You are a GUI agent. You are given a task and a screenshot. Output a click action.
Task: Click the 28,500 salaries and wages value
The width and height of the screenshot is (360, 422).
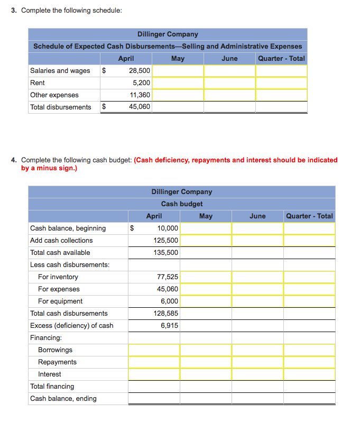139,70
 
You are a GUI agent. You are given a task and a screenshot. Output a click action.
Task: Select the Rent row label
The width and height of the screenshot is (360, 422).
38,82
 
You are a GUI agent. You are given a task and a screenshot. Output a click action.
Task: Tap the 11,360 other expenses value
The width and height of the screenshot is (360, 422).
140,95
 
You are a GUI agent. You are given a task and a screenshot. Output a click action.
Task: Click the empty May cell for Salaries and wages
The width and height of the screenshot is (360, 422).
178,70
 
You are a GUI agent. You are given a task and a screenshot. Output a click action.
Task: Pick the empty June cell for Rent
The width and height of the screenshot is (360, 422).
229,82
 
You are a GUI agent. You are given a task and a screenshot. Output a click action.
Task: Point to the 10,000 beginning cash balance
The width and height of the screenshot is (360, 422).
168,228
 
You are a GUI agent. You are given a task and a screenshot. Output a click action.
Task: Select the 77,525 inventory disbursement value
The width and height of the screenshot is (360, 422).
168,277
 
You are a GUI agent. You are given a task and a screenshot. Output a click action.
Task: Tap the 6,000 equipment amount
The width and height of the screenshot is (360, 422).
169,301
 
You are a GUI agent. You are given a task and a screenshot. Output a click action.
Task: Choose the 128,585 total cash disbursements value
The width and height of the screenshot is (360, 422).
167,313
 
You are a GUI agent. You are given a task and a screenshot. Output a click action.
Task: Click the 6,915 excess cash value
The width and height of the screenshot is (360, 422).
169,325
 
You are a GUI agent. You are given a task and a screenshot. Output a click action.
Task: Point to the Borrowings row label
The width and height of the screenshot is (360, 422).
55,350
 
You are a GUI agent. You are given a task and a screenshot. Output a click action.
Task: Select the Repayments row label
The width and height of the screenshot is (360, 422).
57,362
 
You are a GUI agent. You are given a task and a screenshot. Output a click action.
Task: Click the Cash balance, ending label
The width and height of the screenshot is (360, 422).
63,398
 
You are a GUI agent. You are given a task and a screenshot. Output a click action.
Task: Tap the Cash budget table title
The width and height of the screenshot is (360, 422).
182,204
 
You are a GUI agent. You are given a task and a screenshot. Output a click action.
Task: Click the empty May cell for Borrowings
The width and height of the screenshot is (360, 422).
206,350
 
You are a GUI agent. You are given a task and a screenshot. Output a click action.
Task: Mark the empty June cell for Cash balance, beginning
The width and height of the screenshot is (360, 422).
257,228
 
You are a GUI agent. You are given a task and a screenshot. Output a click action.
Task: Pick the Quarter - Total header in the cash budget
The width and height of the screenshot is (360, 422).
309,216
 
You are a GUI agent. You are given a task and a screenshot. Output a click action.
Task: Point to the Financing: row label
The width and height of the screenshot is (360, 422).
46,337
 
